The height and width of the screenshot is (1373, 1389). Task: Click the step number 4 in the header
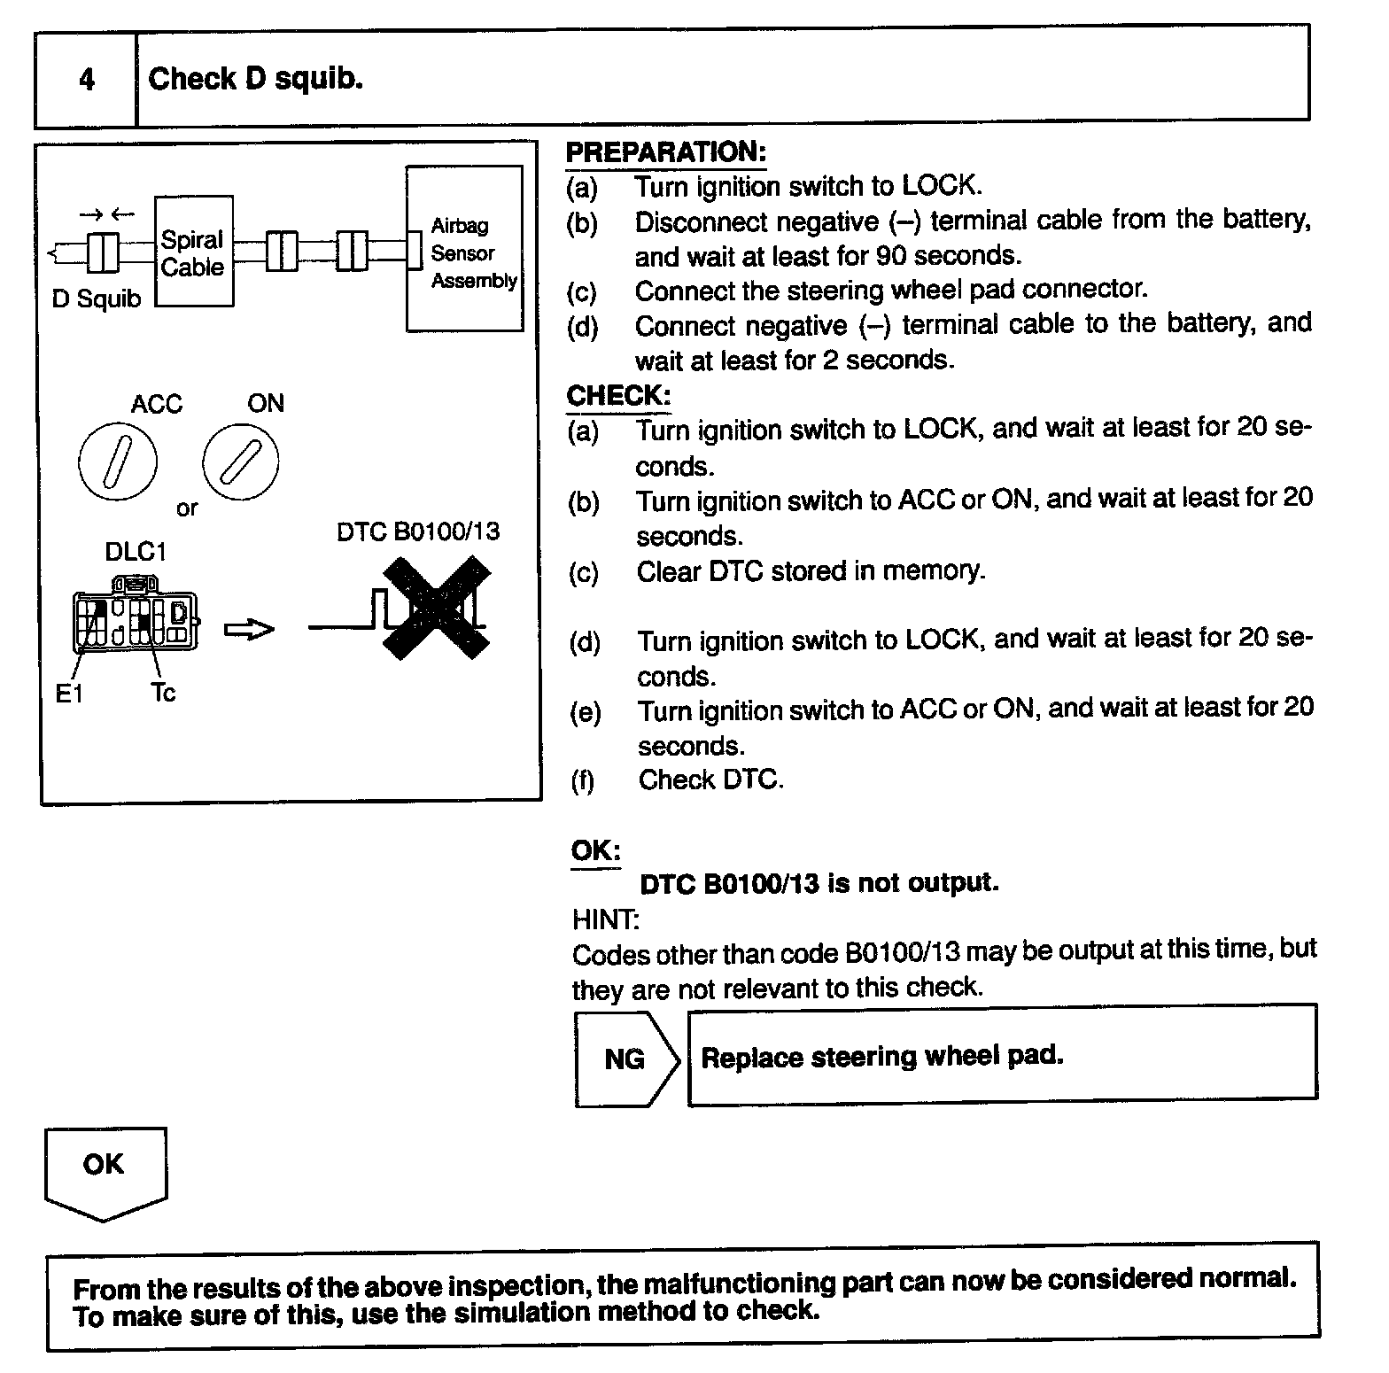pyautogui.click(x=86, y=81)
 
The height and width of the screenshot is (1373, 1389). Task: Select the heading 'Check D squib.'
pyautogui.click(x=255, y=80)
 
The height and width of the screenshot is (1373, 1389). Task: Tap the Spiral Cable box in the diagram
pyautogui.click(x=194, y=252)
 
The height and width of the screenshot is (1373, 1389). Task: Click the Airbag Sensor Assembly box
pyautogui.click(x=464, y=250)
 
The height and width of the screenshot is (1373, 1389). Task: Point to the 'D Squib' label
pyautogui.click(x=97, y=299)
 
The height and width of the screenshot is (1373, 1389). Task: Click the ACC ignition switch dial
pyautogui.click(x=118, y=462)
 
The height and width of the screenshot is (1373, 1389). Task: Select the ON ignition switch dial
pyautogui.click(x=240, y=461)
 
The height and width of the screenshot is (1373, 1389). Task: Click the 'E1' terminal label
pyautogui.click(x=69, y=694)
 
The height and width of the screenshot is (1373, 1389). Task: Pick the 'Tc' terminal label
pyautogui.click(x=163, y=693)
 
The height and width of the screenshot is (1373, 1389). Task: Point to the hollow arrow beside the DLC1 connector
pyautogui.click(x=249, y=630)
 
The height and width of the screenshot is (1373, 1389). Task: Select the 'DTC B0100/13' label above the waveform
pyautogui.click(x=418, y=531)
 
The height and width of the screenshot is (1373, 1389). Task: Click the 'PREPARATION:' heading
pyautogui.click(x=665, y=152)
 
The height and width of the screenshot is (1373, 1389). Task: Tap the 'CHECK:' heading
pyautogui.click(x=618, y=396)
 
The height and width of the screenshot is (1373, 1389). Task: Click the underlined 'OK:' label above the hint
pyautogui.click(x=595, y=850)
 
